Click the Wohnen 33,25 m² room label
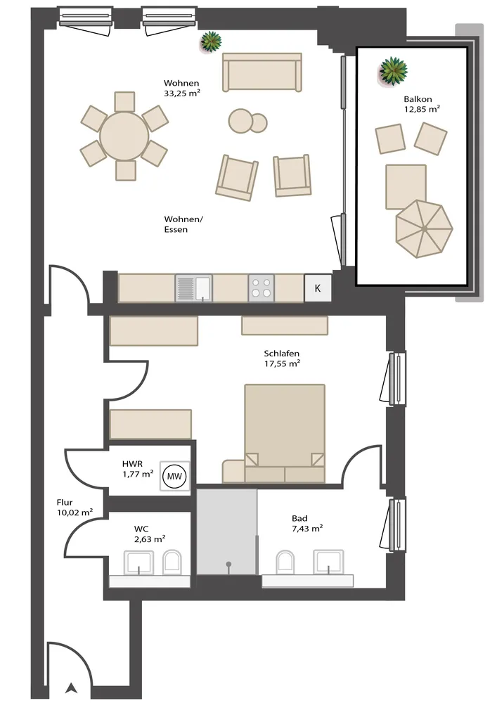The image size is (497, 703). click(181, 89)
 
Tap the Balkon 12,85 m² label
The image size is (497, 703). click(421, 104)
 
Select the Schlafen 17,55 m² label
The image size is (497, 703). click(282, 359)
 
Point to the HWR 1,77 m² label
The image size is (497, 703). click(138, 469)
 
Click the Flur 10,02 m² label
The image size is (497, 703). click(75, 508)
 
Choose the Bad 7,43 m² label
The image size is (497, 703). click(307, 523)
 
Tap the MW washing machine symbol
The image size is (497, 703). click(174, 476)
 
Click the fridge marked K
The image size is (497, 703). click(318, 288)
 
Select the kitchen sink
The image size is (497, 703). click(193, 288)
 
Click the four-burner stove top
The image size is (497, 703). click(262, 288)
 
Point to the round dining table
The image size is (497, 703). click(124, 136)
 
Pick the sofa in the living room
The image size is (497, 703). click(262, 72)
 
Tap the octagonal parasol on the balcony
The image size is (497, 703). click(424, 228)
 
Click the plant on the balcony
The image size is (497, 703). click(393, 70)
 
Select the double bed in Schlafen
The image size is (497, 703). click(284, 433)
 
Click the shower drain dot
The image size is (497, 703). click(228, 564)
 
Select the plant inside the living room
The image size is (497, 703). click(211, 42)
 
